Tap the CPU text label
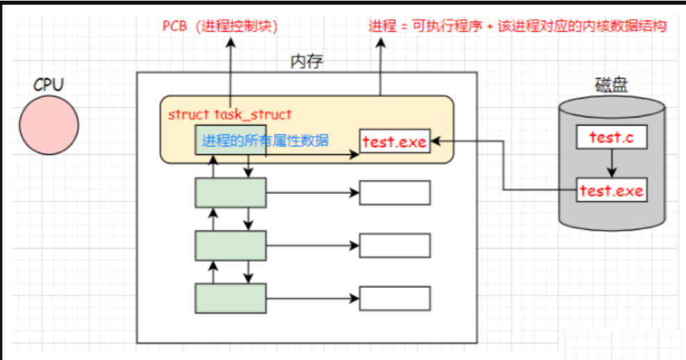click(48, 85)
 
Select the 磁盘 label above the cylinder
click(611, 85)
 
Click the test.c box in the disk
click(611, 138)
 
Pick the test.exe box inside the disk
click(611, 190)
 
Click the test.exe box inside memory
click(395, 142)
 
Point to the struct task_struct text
click(230, 114)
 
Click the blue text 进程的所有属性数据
click(265, 140)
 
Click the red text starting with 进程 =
click(518, 26)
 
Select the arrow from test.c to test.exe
click(611, 164)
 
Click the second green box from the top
click(230, 193)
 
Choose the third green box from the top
click(230, 245)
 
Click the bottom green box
click(230, 298)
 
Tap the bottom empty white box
click(395, 298)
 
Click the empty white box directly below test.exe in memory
click(395, 193)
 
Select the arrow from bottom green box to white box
click(312, 298)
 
